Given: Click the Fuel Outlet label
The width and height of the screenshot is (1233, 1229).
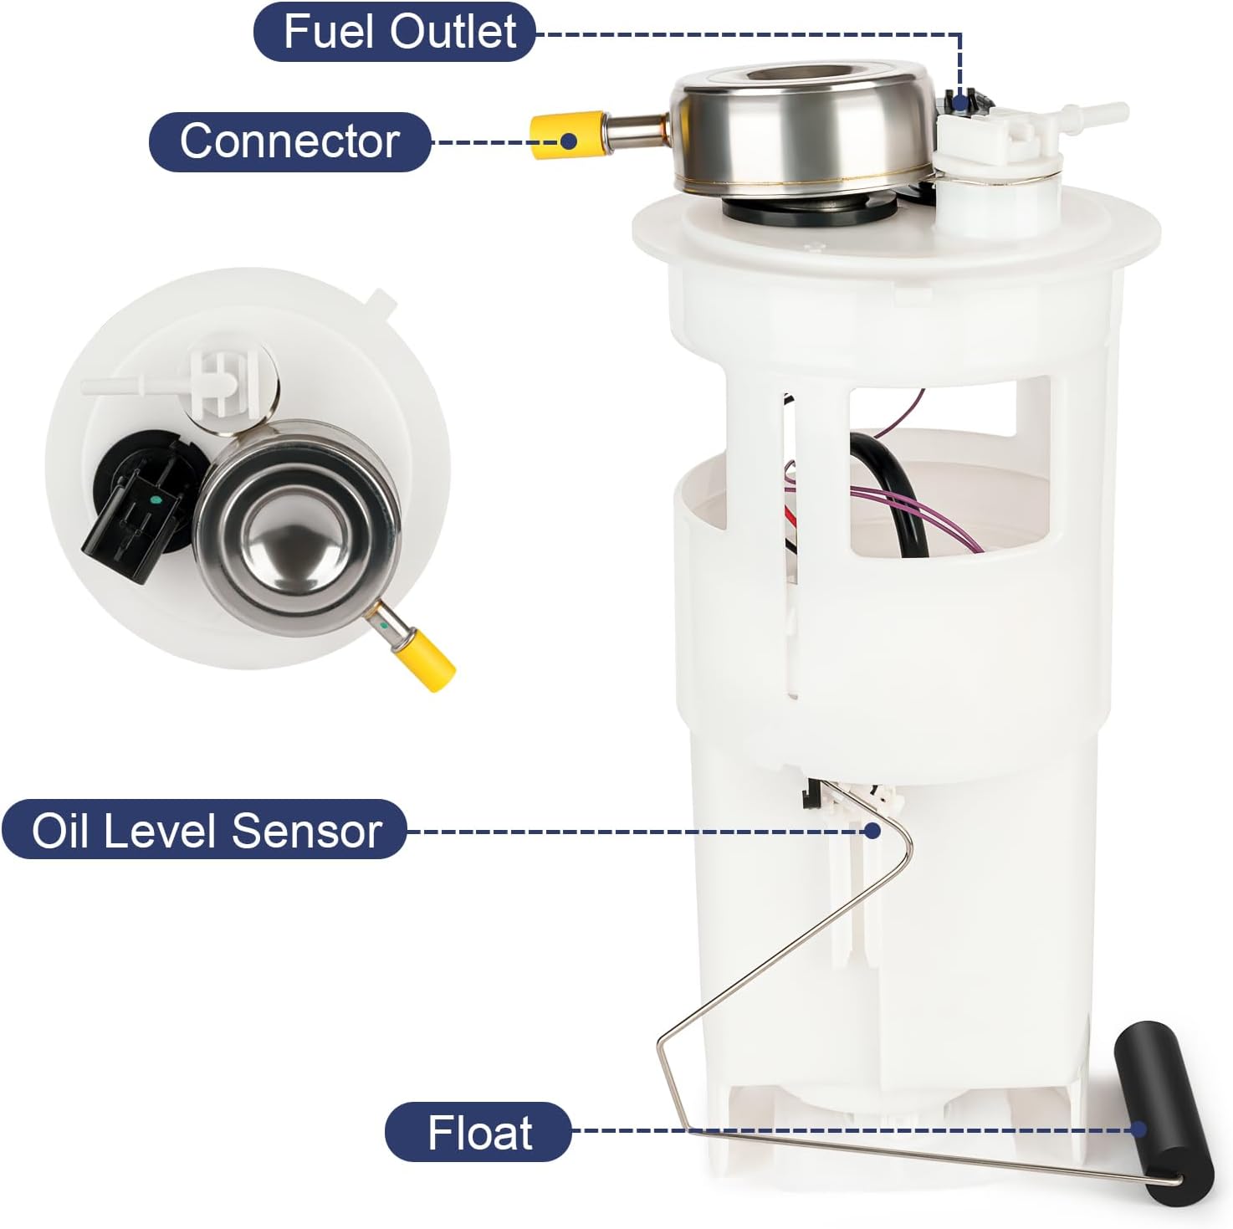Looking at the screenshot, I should (395, 32).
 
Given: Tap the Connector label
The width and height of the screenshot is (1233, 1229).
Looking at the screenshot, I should (289, 141).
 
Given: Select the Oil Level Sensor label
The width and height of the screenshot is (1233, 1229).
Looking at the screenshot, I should (205, 830).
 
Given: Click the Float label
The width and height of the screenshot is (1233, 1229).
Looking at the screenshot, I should (478, 1133).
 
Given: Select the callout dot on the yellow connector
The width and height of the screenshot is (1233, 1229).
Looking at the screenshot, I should (569, 140).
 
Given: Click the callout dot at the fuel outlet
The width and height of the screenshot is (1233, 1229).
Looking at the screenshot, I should (960, 103).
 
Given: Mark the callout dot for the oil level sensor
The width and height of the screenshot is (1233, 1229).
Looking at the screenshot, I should (872, 830).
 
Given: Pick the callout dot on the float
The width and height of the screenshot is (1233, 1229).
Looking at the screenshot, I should (1138, 1129).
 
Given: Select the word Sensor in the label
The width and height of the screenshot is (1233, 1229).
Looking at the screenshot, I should (306, 830).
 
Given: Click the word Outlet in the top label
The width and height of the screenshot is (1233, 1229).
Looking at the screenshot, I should (453, 32).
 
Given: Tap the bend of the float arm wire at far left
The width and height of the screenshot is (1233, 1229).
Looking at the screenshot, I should (660, 1042).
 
